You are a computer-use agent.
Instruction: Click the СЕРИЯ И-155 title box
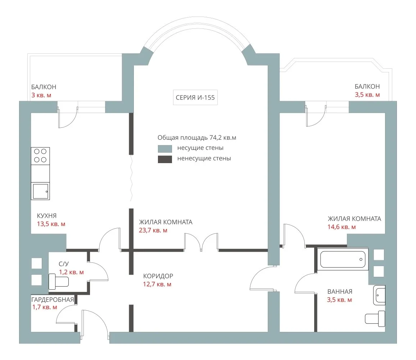pos(195,98)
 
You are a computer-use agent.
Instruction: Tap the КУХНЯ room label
pos(47,216)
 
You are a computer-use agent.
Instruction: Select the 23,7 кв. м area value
pos(153,230)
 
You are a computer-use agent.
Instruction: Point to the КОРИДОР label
pos(158,276)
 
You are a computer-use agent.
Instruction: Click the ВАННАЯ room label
pos(340,292)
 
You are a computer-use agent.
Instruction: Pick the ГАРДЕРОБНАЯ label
pos(53,300)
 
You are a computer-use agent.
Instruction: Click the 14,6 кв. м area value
pos(342,227)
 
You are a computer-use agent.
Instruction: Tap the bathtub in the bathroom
pos(343,260)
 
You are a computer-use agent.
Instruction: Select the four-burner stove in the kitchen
pos(40,156)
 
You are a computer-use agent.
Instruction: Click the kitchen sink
pos(40,191)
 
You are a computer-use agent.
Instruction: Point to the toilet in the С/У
pos(59,282)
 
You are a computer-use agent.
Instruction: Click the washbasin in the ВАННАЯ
pos(379,295)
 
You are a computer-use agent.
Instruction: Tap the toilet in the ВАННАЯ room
pos(375,319)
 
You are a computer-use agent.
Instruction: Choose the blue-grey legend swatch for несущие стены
pos(165,148)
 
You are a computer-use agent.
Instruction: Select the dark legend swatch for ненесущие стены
pos(165,159)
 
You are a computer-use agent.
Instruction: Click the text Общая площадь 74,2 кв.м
pos(197,138)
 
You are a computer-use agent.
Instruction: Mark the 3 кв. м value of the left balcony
pos(41,95)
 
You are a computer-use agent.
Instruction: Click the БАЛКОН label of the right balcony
pos(367,86)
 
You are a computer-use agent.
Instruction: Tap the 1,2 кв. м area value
pos(71,272)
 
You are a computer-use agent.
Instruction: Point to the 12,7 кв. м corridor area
pos(157,284)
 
